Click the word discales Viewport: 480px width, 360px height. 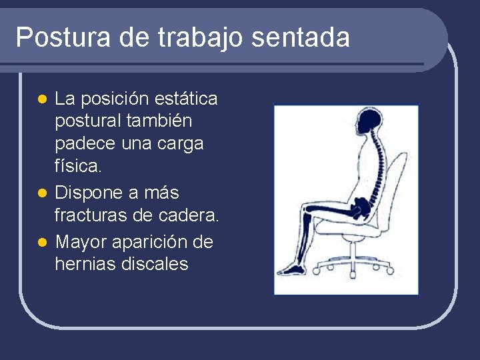[x=155, y=264]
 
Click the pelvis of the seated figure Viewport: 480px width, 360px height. [x=363, y=207]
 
